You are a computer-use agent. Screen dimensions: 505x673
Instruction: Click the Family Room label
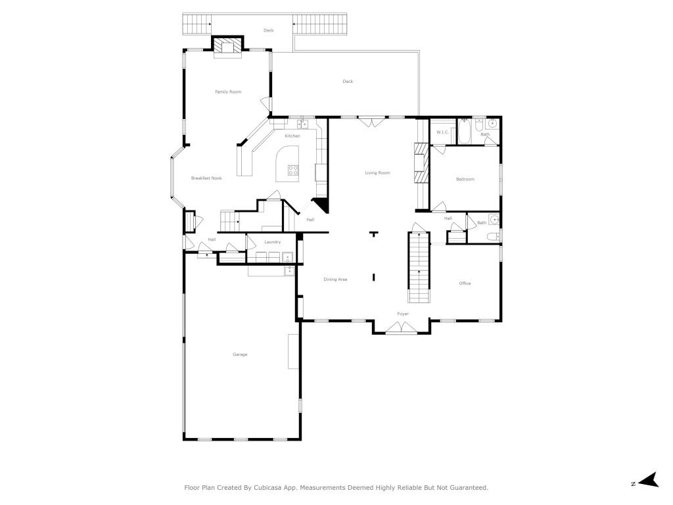click(228, 92)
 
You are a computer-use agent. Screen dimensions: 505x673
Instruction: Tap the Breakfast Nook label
click(206, 178)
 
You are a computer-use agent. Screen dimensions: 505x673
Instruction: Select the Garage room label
click(240, 354)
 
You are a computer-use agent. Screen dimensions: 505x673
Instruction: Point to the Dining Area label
click(335, 279)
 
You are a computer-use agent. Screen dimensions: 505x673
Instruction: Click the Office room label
click(465, 283)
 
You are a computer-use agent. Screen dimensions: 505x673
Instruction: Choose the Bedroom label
click(465, 179)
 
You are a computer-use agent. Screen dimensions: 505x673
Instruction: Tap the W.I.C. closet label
click(442, 133)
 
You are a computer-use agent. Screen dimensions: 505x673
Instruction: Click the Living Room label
click(378, 173)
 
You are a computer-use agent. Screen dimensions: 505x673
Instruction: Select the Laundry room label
click(273, 242)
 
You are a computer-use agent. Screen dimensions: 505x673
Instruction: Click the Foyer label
click(403, 314)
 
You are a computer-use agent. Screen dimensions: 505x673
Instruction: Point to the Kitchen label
click(292, 136)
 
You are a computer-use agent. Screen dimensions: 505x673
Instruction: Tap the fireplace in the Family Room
click(228, 47)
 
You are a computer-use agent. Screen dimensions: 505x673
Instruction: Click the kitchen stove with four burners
click(293, 170)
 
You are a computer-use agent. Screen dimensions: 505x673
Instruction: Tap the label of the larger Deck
click(348, 82)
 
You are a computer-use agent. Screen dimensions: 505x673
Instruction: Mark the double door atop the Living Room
click(373, 122)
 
